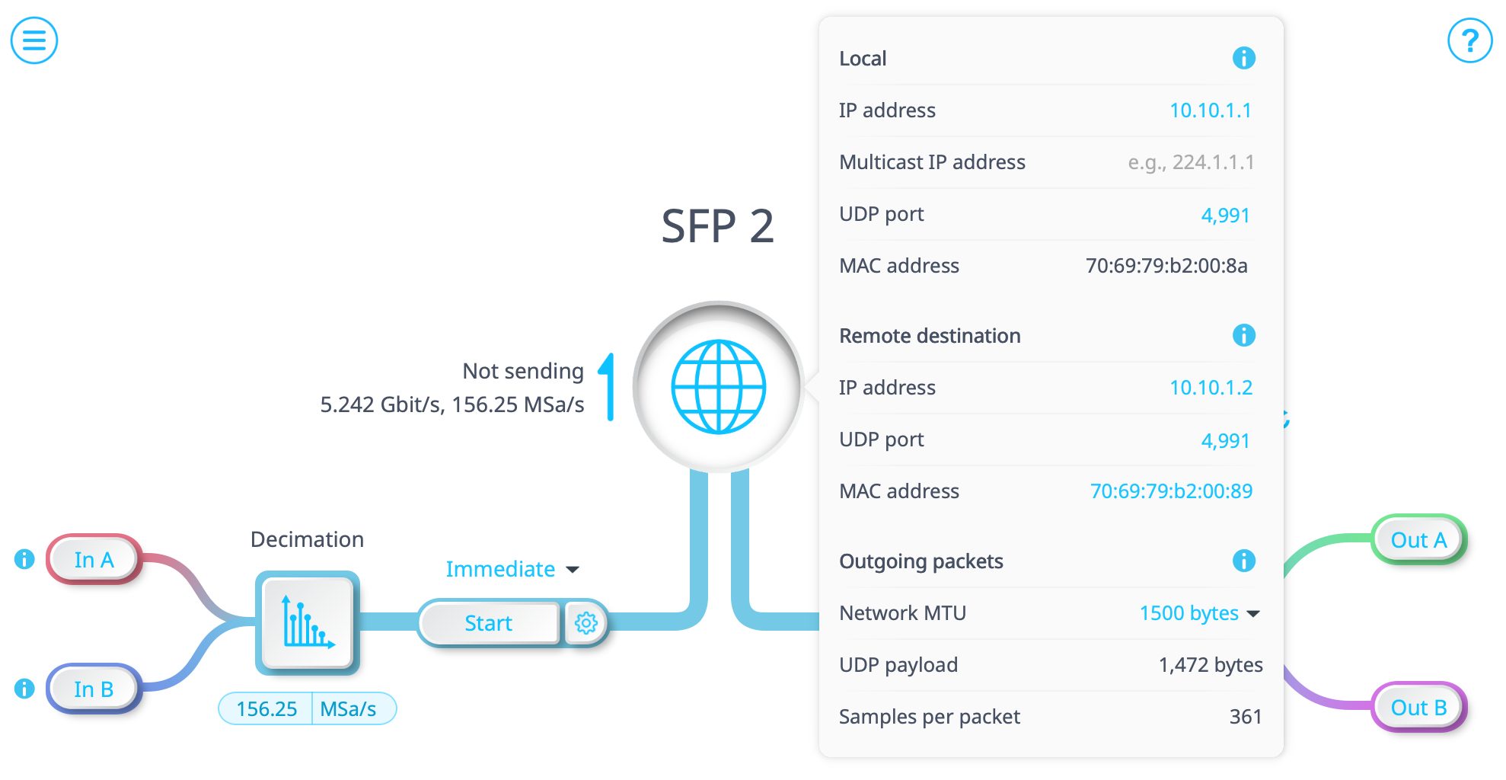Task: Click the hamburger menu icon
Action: point(34,40)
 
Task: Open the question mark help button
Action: point(1469,40)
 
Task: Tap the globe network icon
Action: point(718,387)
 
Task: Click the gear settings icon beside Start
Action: point(585,623)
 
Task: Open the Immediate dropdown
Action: point(512,569)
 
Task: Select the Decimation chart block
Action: point(308,623)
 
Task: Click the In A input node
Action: point(94,560)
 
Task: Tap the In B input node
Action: point(94,689)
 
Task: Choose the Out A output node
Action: point(1418,540)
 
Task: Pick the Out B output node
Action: point(1418,708)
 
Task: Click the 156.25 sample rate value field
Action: point(266,709)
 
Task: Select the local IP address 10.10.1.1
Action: point(1210,110)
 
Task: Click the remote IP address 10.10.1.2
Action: point(1210,388)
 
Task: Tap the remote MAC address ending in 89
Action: point(1171,491)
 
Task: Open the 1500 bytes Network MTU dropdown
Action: point(1199,613)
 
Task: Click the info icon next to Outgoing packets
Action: point(1243,561)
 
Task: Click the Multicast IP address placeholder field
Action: point(1190,162)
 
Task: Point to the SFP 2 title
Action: point(717,226)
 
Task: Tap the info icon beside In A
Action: point(24,560)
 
